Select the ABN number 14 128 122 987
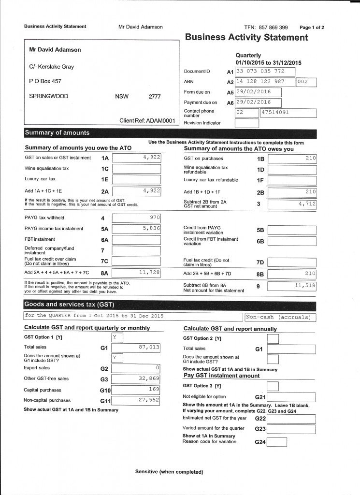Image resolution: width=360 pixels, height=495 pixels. pos(264,82)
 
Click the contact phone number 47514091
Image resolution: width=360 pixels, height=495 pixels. pos(288,113)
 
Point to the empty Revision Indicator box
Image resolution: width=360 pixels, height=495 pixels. pos(246,123)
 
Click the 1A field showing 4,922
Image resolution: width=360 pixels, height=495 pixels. pos(136,158)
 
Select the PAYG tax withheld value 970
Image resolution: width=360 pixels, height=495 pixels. pos(136,218)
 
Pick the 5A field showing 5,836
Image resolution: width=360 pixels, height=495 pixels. pos(136,229)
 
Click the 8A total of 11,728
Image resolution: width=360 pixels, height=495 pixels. pos(136,273)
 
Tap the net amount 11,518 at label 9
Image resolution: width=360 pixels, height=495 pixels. pos(292,286)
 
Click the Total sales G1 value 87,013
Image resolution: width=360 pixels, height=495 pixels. pos(136,348)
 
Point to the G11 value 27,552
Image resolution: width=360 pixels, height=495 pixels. pos(136,400)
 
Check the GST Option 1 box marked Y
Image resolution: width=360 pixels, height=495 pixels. pos(117,337)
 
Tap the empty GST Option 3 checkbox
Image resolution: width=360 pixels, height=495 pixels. pos(273,386)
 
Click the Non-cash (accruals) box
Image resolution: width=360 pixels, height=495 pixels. pos(280,317)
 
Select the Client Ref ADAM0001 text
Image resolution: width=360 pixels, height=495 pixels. pos(147,120)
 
